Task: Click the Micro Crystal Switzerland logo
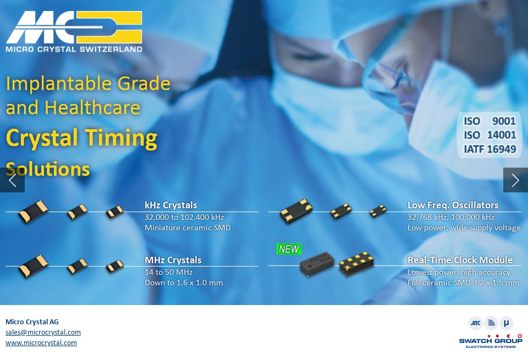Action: (74, 31)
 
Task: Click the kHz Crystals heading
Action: (170, 205)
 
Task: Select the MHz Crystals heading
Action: (173, 260)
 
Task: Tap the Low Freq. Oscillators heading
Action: (453, 205)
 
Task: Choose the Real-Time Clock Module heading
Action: (460, 260)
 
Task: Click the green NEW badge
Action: (289, 249)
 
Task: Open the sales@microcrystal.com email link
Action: (43, 332)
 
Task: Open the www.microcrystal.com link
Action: (41, 342)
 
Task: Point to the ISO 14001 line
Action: (490, 135)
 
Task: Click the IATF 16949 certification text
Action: (490, 149)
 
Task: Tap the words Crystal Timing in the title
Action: (81, 137)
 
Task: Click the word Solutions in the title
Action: (48, 169)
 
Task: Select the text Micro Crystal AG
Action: (32, 322)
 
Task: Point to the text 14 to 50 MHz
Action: (168, 272)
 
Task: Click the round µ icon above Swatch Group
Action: (507, 323)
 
